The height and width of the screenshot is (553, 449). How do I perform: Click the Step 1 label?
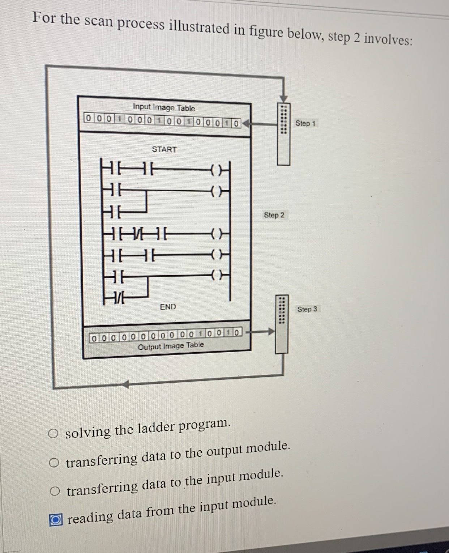[305, 123]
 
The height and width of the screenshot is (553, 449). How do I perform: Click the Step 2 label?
[274, 215]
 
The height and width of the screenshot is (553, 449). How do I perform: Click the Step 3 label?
[307, 309]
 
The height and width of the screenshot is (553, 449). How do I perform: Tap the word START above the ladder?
[164, 149]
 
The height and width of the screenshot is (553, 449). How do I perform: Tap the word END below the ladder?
[168, 307]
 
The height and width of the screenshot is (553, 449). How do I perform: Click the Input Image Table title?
[164, 107]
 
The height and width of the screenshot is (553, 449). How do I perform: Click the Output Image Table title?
[171, 346]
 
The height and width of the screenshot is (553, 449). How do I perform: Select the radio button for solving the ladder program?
[54, 433]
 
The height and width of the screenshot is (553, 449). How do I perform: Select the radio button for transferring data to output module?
[54, 462]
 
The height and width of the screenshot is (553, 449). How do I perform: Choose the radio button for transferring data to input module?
[54, 491]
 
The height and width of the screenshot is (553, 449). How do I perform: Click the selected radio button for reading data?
[56, 520]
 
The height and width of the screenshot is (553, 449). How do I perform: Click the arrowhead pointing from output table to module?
[270, 331]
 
